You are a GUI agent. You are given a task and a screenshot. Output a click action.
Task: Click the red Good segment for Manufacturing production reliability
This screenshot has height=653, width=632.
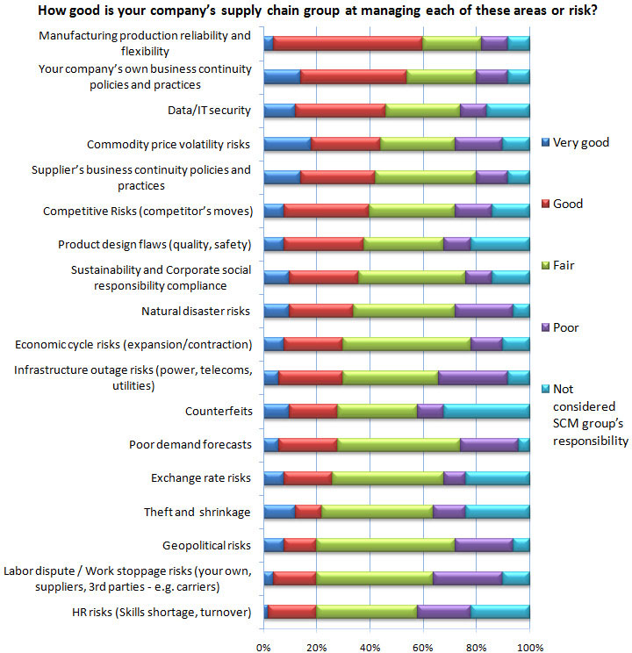[x=348, y=43]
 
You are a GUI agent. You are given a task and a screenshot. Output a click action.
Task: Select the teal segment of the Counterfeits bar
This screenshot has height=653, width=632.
[x=486, y=411]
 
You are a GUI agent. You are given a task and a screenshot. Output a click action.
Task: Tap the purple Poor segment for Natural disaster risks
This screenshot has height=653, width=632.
[x=485, y=311]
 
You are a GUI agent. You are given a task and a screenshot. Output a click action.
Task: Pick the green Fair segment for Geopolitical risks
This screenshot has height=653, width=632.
[x=385, y=545]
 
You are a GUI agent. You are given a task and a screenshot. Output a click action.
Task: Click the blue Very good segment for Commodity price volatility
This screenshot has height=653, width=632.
[x=287, y=144]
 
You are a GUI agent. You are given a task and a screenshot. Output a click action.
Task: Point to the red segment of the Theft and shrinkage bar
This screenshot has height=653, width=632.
[x=308, y=512]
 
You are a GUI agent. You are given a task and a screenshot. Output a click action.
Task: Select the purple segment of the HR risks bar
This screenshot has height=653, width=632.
[x=444, y=612]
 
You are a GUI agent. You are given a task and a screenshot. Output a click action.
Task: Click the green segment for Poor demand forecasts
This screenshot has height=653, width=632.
[x=399, y=445]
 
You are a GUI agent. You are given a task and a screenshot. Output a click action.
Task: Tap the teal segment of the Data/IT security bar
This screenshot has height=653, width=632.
[x=508, y=111]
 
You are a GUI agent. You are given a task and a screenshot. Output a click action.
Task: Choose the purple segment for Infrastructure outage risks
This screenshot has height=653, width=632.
[x=473, y=377]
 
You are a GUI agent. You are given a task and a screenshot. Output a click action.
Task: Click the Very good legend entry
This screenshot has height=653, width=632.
[x=575, y=142]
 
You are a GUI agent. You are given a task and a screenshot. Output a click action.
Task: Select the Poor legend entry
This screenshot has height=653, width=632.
[x=560, y=327]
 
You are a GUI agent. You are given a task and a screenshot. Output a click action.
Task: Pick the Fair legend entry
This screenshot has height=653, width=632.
[x=558, y=265]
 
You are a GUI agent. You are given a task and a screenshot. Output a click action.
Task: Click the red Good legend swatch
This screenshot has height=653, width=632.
[x=545, y=204]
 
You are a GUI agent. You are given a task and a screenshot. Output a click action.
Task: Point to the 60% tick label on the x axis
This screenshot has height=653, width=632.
[x=423, y=647]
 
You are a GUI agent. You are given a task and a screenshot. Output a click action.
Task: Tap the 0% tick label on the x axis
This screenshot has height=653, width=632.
[x=263, y=647]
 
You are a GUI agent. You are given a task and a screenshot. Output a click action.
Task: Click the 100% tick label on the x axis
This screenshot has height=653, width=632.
[x=530, y=647]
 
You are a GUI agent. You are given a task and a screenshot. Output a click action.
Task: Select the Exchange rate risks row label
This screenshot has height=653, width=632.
[x=201, y=478]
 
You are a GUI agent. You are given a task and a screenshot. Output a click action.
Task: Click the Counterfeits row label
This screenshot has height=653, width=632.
[x=219, y=411]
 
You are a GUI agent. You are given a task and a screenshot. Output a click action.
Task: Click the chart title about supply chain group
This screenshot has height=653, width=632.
[x=318, y=10]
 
